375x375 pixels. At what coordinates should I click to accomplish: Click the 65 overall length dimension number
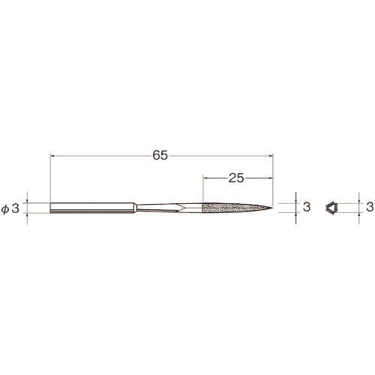tap(160, 155)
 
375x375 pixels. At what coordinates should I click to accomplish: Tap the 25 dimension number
tap(236, 178)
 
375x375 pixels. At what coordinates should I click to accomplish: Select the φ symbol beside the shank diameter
tap(4, 208)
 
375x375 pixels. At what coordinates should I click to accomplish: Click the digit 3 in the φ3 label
tap(16, 208)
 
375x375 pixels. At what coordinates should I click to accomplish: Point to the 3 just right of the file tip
tap(307, 207)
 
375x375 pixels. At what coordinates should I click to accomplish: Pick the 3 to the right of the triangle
tap(370, 207)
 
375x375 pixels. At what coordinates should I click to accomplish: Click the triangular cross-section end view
tap(331, 208)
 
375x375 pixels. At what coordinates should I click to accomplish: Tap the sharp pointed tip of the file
tap(272, 207)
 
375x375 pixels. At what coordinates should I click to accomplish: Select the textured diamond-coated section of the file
tap(236, 208)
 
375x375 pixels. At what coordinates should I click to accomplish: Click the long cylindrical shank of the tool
tap(93, 208)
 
